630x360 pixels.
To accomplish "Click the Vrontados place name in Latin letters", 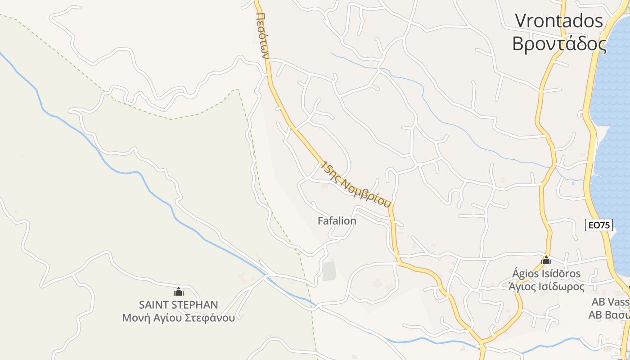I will (x=559, y=21).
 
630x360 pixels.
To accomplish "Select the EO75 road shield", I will (x=599, y=225).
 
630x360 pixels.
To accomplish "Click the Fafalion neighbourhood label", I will (x=337, y=221).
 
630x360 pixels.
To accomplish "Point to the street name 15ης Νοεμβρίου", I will (x=355, y=184).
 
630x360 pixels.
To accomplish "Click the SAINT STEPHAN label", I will (x=178, y=305).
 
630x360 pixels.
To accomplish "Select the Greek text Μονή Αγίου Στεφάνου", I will (x=178, y=318).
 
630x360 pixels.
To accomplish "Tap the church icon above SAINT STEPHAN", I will (x=179, y=292).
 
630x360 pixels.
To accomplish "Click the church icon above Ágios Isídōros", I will (x=546, y=260).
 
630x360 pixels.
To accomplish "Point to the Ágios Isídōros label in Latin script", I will (x=546, y=274).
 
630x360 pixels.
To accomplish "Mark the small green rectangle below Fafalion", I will (x=329, y=271).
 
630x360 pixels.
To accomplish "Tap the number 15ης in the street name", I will (x=330, y=169).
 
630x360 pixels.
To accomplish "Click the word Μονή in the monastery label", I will (x=133, y=318).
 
